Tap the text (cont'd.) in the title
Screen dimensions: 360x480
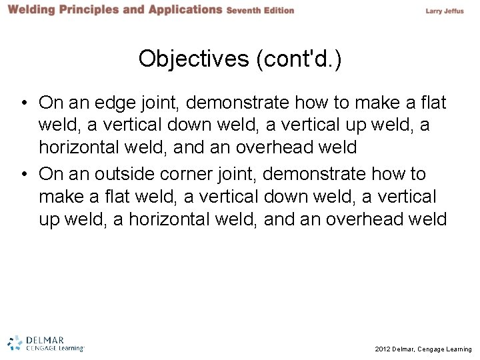coord(297,59)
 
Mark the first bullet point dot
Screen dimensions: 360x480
coord(23,104)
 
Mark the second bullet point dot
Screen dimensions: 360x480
coord(23,175)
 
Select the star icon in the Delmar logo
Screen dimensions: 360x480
coord(15,341)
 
